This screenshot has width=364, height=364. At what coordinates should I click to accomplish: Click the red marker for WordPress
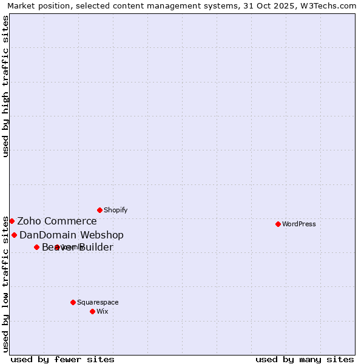click(278, 224)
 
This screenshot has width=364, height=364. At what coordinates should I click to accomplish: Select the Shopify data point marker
click(99, 210)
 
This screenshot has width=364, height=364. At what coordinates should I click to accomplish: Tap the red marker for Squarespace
click(73, 302)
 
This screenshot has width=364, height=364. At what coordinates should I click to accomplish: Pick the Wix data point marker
click(92, 311)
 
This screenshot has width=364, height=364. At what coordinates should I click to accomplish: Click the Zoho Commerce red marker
click(12, 221)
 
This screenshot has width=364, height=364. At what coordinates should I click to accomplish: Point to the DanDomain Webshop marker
click(14, 235)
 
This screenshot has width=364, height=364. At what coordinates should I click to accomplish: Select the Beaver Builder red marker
click(36, 247)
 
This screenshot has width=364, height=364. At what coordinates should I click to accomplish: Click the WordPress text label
click(299, 224)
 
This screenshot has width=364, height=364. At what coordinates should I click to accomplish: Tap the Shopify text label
click(115, 210)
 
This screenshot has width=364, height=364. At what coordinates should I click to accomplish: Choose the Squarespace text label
click(98, 302)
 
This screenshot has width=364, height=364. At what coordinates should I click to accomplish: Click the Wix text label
click(103, 311)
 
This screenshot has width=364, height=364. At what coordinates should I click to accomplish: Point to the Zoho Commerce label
click(57, 221)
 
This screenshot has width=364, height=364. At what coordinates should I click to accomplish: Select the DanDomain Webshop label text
click(72, 235)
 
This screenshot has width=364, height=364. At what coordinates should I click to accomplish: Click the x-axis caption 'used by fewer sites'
click(62, 359)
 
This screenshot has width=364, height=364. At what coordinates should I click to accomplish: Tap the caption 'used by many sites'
click(305, 359)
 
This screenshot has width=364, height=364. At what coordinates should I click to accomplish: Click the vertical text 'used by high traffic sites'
click(6, 86)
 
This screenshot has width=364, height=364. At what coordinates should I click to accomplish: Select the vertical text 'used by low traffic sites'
click(6, 284)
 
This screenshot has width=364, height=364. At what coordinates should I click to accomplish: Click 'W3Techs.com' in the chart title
click(331, 5)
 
